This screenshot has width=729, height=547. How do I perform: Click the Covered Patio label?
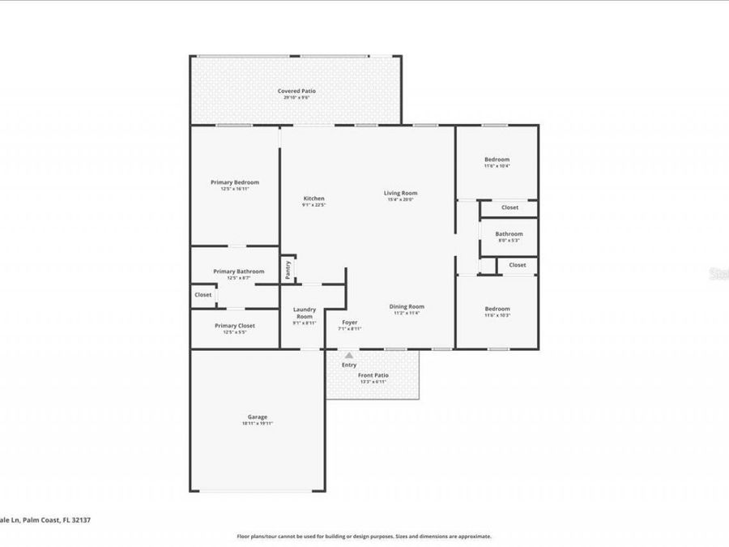pos(296,92)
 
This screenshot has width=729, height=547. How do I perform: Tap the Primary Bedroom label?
pos(234,182)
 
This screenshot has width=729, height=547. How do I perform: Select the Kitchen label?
pos(313,199)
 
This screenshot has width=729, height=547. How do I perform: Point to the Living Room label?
pos(400,193)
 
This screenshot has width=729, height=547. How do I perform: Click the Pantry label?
pos(288,270)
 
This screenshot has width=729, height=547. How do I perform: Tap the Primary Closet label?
pos(235,326)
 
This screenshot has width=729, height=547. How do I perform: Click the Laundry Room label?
pos(305,312)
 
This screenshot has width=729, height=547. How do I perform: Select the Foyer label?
pos(349,323)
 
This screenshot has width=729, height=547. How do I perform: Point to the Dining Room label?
pos(407,306)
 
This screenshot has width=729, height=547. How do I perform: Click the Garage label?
pos(258,417)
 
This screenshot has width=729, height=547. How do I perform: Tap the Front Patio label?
pos(373,375)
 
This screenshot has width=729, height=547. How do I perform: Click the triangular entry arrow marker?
pos(349,355)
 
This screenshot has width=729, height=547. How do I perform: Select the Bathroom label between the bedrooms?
pos(509,234)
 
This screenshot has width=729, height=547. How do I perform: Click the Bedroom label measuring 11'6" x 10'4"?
pos(497,160)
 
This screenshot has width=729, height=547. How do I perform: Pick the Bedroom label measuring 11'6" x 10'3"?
pos(497,309)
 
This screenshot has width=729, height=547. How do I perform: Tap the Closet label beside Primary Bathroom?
pos(203,295)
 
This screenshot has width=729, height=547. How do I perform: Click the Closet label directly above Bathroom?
pos(509,207)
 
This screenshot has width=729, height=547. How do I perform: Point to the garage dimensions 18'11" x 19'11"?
pos(258,424)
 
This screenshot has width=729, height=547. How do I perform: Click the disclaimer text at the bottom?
pos(364,536)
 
